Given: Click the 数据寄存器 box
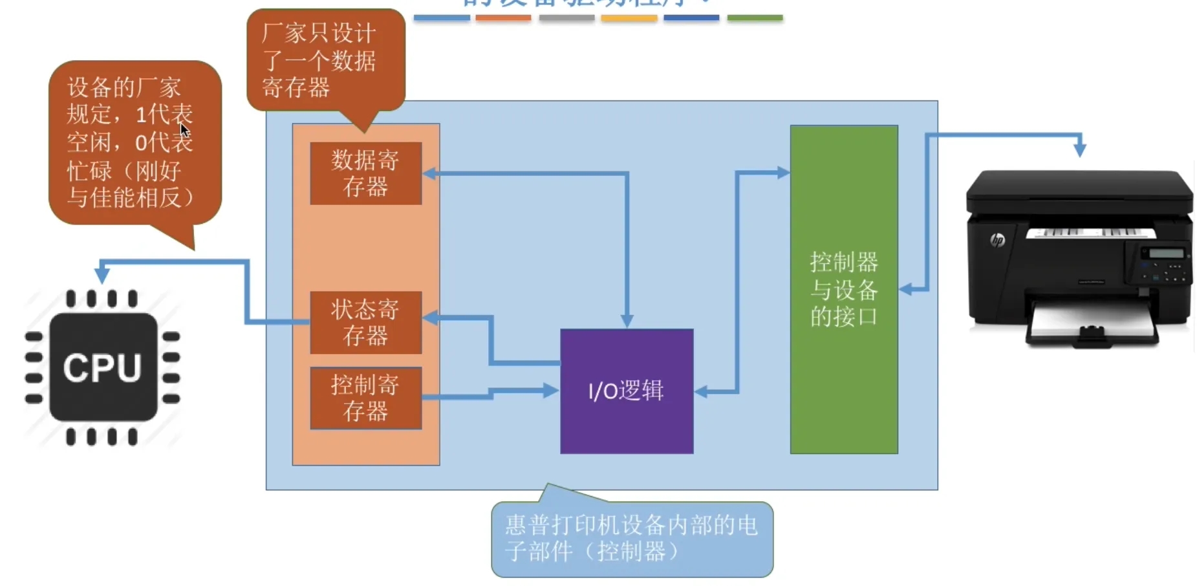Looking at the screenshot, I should point(365,173).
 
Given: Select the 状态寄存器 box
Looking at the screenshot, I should point(365,322).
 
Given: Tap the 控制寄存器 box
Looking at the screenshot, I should point(365,398).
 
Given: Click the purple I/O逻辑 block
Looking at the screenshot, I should point(626,391).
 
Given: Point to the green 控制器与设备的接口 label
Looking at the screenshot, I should point(843,289).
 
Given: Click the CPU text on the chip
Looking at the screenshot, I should point(102,368).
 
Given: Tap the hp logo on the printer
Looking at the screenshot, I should point(997,241).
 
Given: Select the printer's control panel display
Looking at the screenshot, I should point(1166,254).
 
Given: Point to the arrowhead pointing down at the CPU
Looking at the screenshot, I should point(102,274).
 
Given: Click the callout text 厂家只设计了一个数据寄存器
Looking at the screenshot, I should point(319,60).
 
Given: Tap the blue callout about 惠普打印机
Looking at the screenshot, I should point(631,539).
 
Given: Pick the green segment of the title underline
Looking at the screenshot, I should point(755,18).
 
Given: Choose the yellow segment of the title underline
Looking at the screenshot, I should point(629,18).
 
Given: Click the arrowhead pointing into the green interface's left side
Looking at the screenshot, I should point(783,173).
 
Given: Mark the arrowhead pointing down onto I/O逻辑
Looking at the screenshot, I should point(627,320).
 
